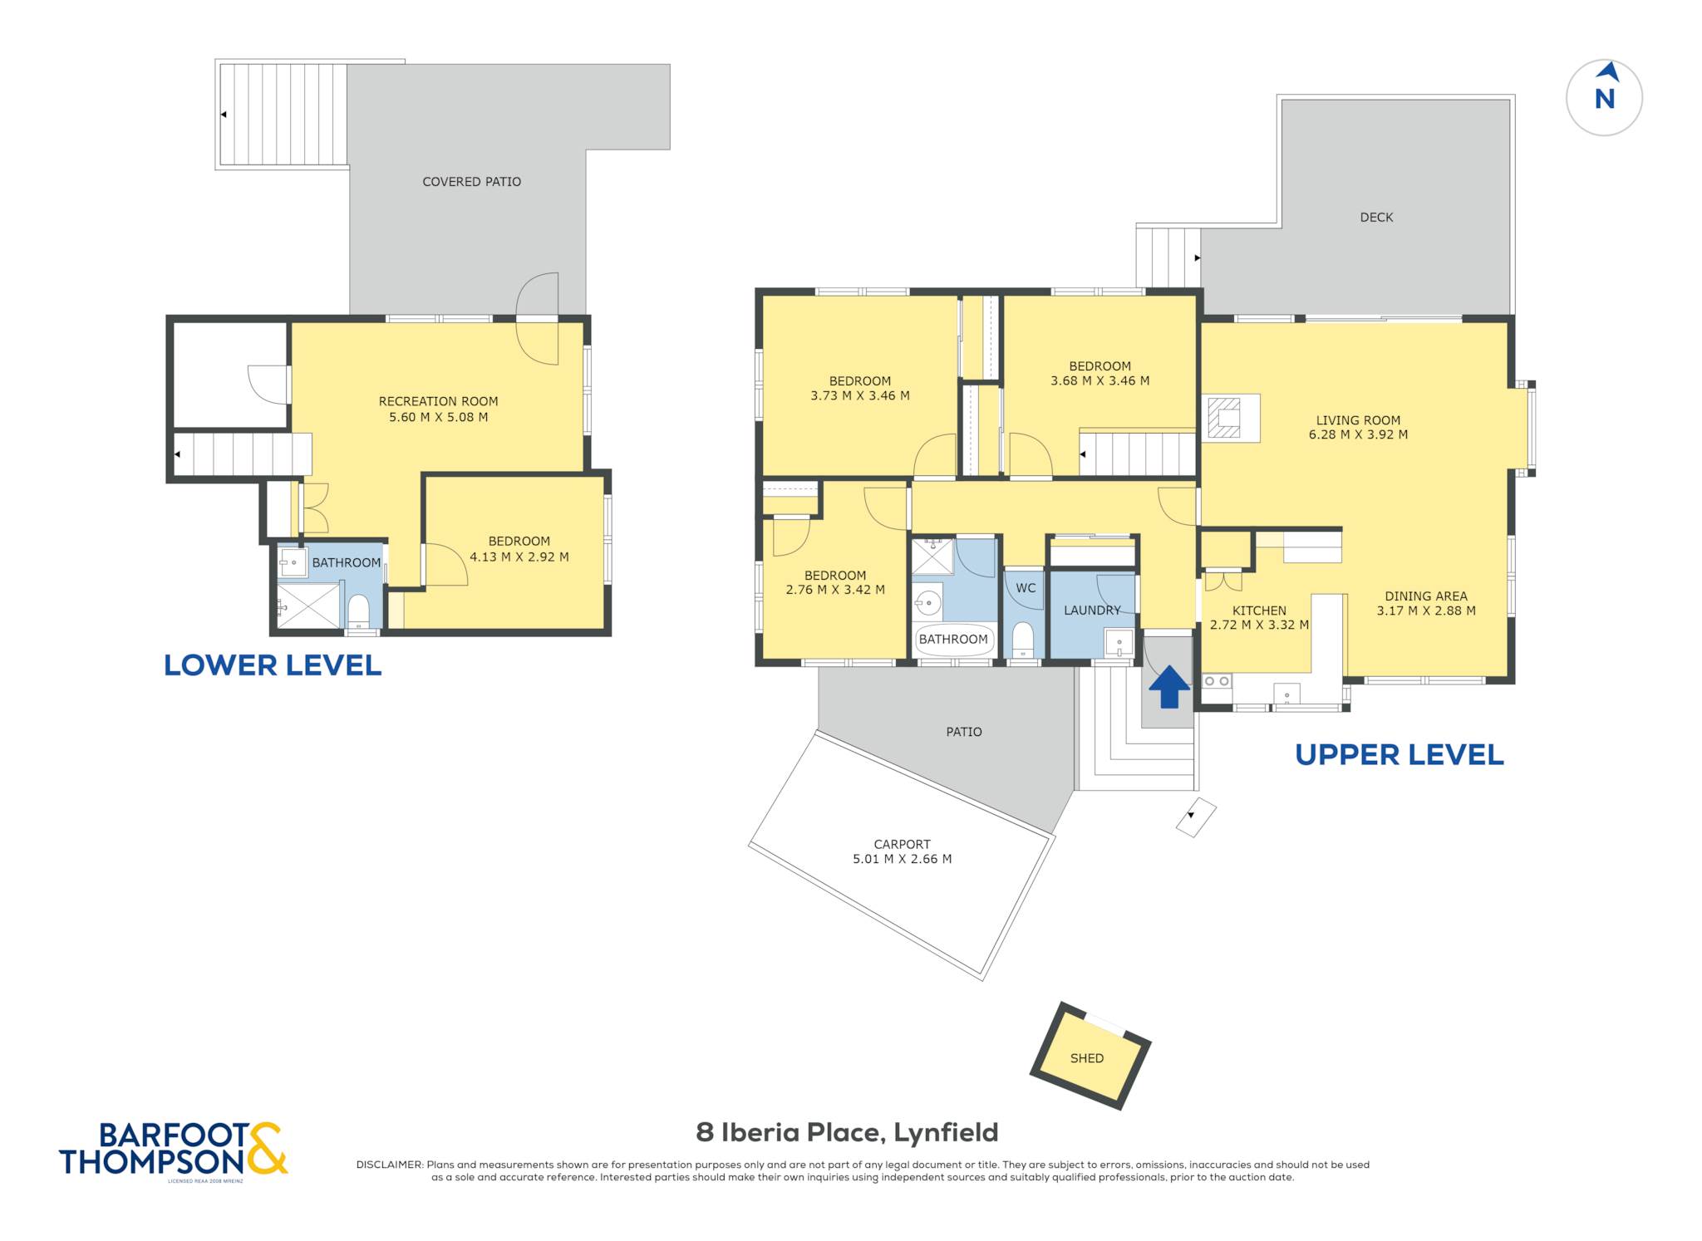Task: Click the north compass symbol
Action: click(x=1604, y=97)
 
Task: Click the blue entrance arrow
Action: click(x=1169, y=687)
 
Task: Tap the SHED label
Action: click(x=1087, y=1058)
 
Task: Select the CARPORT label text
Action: click(x=902, y=844)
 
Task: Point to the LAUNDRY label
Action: click(x=1092, y=611)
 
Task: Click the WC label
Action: click(x=1026, y=588)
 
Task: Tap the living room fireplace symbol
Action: click(x=1224, y=418)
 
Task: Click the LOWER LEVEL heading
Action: click(x=273, y=665)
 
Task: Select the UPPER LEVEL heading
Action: click(x=1399, y=755)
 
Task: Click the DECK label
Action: click(x=1376, y=218)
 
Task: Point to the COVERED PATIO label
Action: click(x=471, y=182)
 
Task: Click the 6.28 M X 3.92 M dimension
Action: click(x=1358, y=434)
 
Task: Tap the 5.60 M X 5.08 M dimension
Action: click(x=438, y=417)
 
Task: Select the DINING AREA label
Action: click(x=1426, y=596)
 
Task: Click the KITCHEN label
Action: click(x=1259, y=611)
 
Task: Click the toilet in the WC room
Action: click(x=1023, y=641)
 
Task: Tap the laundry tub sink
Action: click(x=1119, y=643)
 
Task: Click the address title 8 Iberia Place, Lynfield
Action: click(x=847, y=1132)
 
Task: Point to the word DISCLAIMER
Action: click(x=390, y=1165)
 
